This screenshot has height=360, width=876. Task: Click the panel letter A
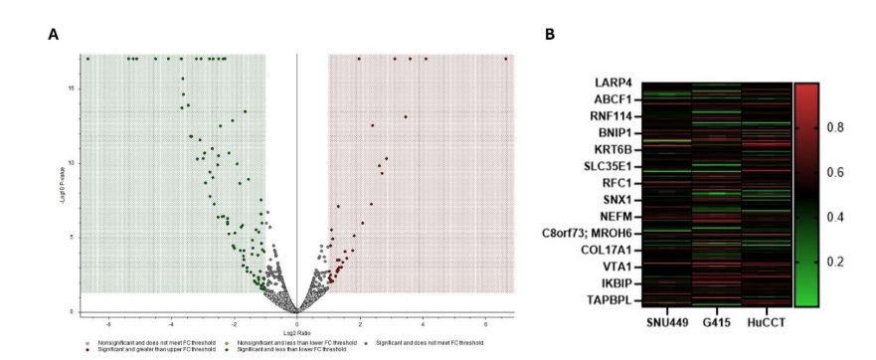53,35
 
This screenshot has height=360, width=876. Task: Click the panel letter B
550,35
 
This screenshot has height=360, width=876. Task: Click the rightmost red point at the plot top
505,59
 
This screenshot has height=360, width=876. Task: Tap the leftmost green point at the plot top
88,59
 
